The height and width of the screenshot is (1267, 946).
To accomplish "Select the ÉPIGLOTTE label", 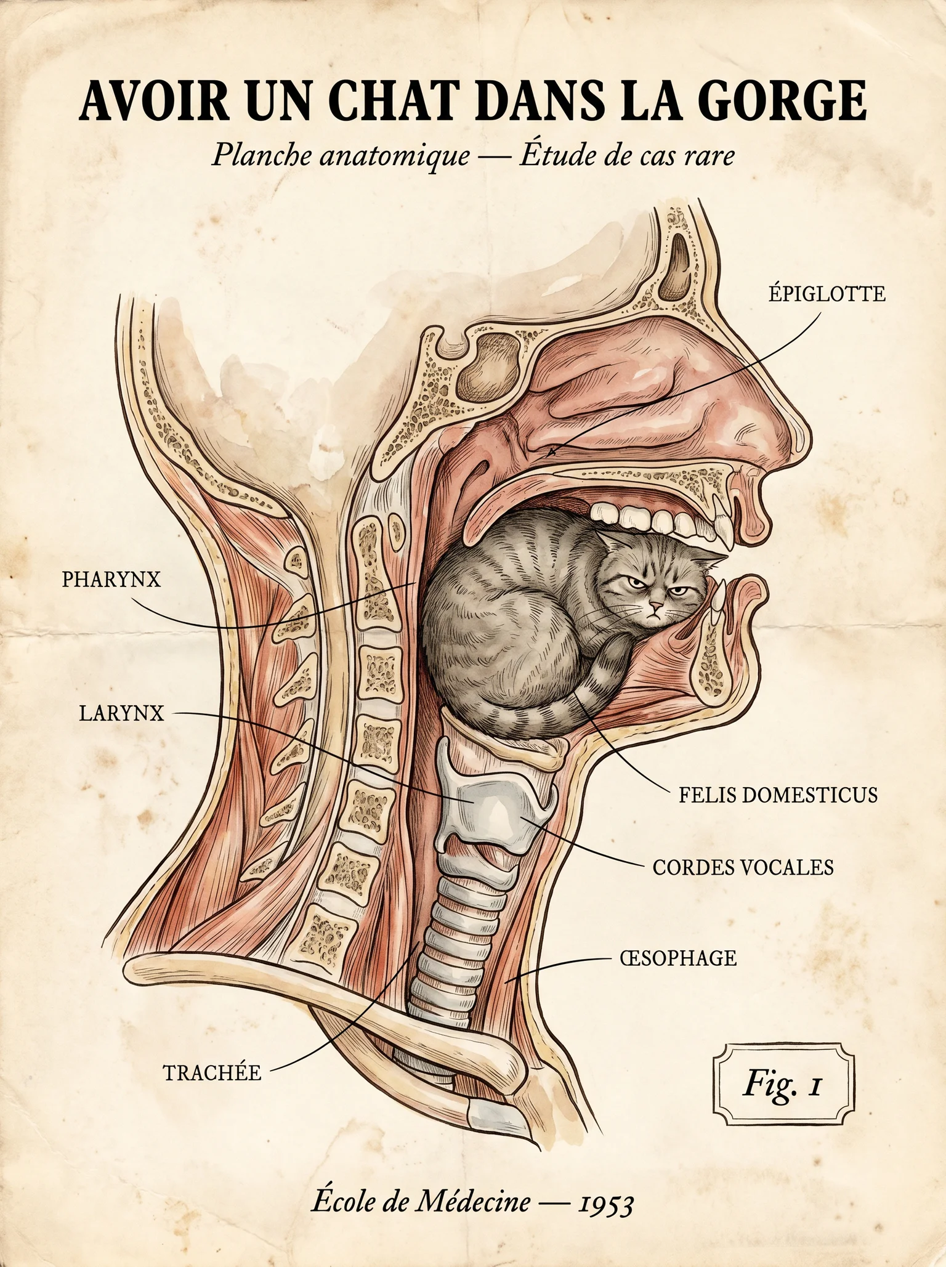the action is click(827, 294).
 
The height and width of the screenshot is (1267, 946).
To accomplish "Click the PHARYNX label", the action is click(111, 580).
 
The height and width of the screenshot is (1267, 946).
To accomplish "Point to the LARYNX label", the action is click(122, 713).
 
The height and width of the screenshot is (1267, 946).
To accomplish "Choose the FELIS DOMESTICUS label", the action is click(778, 795).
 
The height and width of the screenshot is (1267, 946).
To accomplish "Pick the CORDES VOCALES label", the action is click(743, 867).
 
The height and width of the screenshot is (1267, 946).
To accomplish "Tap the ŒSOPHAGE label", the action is click(678, 958).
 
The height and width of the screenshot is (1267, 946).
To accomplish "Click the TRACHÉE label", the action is click(212, 1072).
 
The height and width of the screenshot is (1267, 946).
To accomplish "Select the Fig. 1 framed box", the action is click(783, 1084).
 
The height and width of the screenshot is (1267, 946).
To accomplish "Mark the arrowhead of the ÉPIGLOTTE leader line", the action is click(550, 453).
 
